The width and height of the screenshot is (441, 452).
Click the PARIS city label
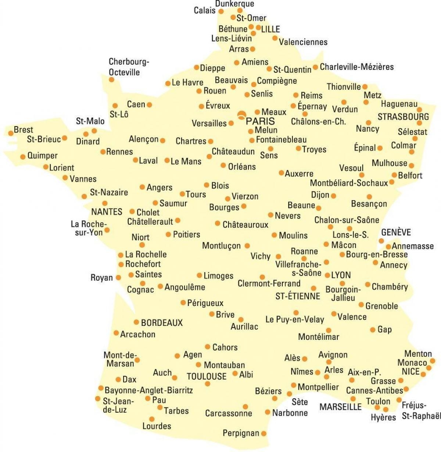[260, 121]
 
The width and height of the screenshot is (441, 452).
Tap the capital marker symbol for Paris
[241, 115]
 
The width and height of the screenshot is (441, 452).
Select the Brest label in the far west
[23, 130]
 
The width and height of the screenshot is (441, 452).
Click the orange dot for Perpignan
[263, 434]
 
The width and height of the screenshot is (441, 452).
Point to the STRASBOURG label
[403, 117]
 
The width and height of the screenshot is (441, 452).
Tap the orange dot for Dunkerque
[240, 11]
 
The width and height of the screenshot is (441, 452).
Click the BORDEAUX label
[162, 323]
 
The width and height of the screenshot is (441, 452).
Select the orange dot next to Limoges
[199, 275]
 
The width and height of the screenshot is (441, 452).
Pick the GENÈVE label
[396, 232]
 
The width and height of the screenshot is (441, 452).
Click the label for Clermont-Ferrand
[269, 284]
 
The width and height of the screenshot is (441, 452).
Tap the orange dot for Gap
[373, 330]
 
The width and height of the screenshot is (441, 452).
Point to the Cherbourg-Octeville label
[128, 67]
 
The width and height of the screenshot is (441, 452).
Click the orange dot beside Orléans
[223, 166]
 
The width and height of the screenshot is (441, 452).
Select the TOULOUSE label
[207, 377]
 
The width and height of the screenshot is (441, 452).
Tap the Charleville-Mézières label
[356, 67]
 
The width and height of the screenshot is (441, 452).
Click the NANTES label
[107, 212]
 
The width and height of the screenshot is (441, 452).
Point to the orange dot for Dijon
[333, 196]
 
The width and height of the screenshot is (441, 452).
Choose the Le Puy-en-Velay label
[295, 320]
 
